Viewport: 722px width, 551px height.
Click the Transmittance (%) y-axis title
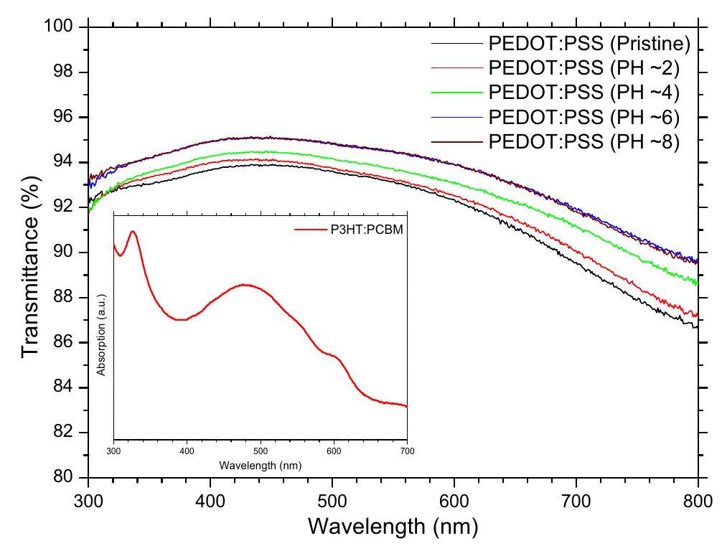[30, 253]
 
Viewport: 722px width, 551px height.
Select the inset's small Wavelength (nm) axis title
[260, 465]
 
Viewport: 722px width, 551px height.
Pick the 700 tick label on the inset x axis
[407, 451]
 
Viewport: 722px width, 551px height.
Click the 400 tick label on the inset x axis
[187, 451]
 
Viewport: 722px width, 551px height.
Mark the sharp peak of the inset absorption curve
[133, 232]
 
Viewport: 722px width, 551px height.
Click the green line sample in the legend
[456, 93]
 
